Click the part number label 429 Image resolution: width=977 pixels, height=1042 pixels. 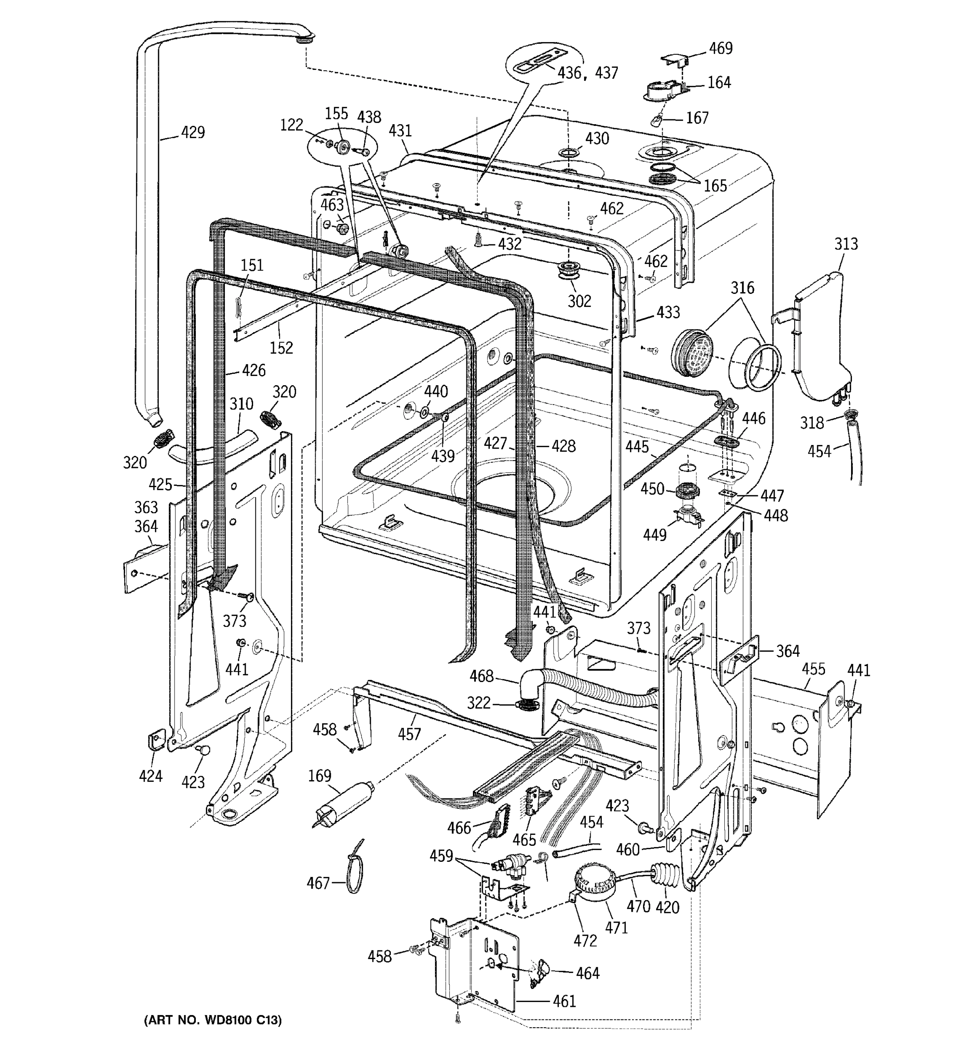(x=192, y=132)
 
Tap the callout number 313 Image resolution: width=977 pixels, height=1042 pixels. (x=845, y=244)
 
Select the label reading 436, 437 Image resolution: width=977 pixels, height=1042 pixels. (x=588, y=73)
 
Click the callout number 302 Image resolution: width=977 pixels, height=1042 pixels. (x=579, y=301)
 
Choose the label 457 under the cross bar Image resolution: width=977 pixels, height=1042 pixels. (x=409, y=734)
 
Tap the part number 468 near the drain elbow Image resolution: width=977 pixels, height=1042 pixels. (x=481, y=676)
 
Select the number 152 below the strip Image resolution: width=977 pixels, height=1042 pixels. (x=281, y=347)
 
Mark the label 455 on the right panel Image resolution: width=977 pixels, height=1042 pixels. (x=813, y=669)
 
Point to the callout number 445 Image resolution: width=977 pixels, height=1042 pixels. (x=637, y=447)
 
